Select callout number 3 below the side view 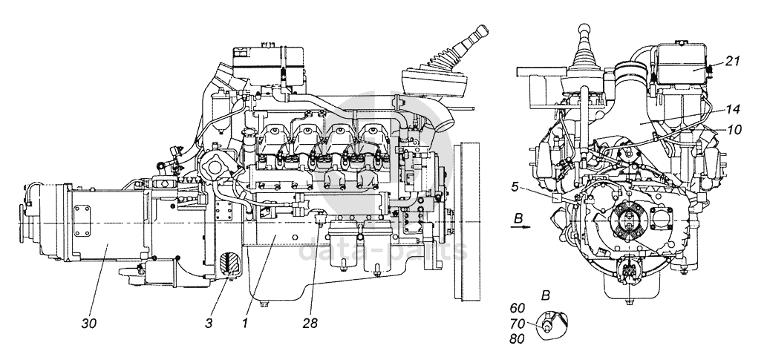(209, 323)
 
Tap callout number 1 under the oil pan (245, 323)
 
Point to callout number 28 (310, 323)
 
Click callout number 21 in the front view (732, 61)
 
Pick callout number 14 (732, 109)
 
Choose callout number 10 (734, 130)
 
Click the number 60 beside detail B (517, 307)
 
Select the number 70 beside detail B (517, 324)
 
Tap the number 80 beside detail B (517, 339)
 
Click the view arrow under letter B (522, 227)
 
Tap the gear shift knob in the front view (584, 30)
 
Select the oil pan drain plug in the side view (264, 304)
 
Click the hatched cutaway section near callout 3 (229, 265)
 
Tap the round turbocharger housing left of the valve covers (213, 167)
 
